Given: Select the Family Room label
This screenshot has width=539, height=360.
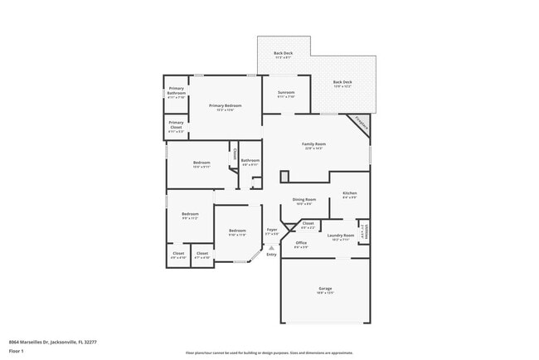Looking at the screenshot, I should [313, 144].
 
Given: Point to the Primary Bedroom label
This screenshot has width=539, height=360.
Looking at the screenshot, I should [226, 105].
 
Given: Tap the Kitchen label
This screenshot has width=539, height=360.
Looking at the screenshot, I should [349, 193].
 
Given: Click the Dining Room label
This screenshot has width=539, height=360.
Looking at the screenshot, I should [304, 199].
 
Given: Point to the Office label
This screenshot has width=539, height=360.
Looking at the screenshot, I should [301, 243].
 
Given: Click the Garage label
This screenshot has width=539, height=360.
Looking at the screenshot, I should [325, 289].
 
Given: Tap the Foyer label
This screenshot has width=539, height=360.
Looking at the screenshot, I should [271, 230].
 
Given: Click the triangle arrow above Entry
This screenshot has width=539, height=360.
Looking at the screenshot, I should [271, 246].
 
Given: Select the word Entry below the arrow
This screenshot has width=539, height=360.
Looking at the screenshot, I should [271, 254].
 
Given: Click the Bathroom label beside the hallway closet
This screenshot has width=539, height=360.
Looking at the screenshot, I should [250, 160].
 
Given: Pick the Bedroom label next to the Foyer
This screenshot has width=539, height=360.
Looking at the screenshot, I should [237, 230].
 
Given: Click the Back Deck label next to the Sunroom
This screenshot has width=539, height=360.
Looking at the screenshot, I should [342, 82].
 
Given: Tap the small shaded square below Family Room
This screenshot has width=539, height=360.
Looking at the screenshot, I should [284, 177].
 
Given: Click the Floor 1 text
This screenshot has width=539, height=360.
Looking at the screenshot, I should [17, 351].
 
